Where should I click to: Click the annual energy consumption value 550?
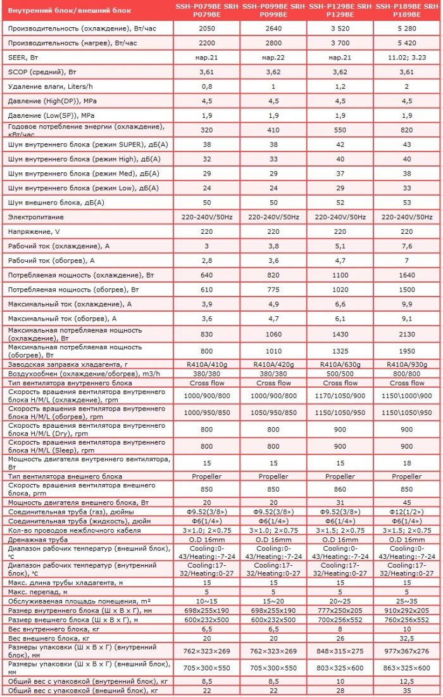pos(340,130)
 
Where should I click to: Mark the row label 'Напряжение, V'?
pos(32,231)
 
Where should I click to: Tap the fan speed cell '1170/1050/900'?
pos(340,395)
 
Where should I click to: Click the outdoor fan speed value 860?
pos(340,489)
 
